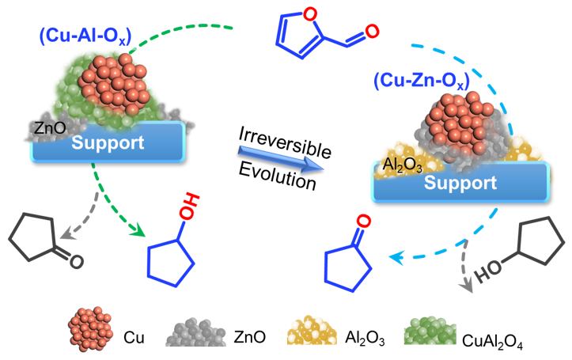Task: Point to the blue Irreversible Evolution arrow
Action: (281, 164)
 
